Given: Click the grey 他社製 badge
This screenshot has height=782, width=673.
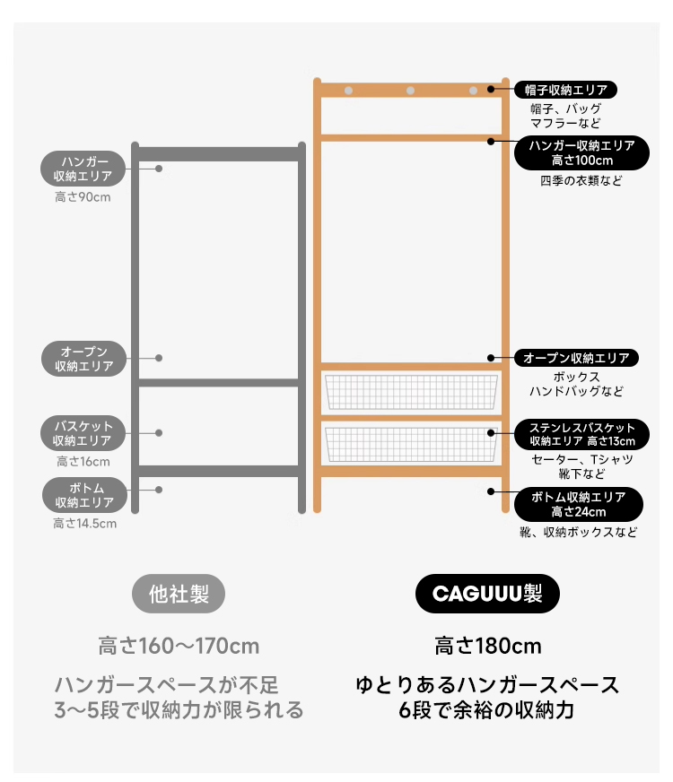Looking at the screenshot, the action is click(x=179, y=594).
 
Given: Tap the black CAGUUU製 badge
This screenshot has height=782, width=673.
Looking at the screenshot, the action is click(x=487, y=594).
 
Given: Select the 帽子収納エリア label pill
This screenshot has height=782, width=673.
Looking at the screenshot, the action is click(x=565, y=90).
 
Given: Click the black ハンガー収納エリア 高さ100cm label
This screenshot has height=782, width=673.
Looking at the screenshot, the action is click(x=581, y=153).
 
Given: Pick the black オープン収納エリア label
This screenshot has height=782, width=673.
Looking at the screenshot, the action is click(x=576, y=358).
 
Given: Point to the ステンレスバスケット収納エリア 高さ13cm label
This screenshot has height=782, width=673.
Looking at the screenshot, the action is click(x=581, y=434).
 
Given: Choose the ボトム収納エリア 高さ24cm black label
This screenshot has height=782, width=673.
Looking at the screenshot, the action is click(x=578, y=504).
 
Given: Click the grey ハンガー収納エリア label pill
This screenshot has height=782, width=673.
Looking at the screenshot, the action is click(x=83, y=169).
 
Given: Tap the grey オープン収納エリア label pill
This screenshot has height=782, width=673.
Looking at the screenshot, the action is click(x=83, y=359).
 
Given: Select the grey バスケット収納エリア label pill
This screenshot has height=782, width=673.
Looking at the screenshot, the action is click(x=83, y=433).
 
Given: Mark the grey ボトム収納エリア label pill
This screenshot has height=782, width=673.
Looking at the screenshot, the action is click(x=84, y=495).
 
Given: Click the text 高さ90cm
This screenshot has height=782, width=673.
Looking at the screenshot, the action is click(x=83, y=197).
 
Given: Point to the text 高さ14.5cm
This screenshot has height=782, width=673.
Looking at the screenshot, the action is click(x=85, y=523).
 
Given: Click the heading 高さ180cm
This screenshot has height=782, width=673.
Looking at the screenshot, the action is click(x=488, y=646).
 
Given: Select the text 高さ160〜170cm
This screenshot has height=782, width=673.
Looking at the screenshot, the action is click(x=179, y=646).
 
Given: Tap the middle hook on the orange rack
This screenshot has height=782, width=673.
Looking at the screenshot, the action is click(x=410, y=91).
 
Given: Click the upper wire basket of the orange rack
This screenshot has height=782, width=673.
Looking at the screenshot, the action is click(x=411, y=392).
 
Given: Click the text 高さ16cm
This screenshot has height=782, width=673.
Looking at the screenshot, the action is click(x=83, y=461).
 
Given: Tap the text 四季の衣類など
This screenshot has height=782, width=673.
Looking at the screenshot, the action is click(x=581, y=180).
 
